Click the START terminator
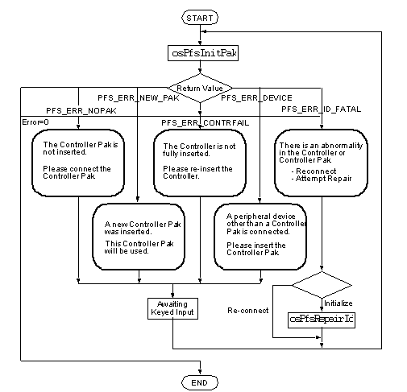point(200,18)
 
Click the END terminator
point(200,382)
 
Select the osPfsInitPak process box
point(203,53)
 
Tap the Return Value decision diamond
point(200,88)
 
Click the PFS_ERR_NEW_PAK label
point(139,98)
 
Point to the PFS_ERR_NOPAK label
point(81,110)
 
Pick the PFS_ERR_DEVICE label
point(256,98)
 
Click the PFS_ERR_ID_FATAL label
point(322,109)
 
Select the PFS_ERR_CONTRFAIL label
point(205,123)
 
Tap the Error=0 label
point(35,122)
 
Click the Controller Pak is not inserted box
point(78,163)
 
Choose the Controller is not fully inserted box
point(200,163)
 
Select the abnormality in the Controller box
point(321,163)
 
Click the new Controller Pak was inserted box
point(139,237)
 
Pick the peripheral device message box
point(260,237)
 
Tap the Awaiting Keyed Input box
point(172,308)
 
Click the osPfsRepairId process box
point(322,320)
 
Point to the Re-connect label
point(248,311)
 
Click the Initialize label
point(338,303)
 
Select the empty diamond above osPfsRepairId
point(322,285)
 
